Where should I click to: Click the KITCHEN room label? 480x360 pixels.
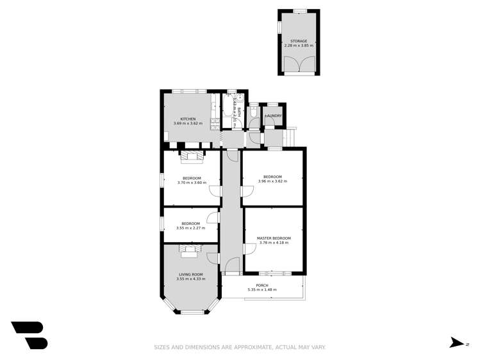[x=188, y=119]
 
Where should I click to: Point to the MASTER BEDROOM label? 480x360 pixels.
[x=274, y=238]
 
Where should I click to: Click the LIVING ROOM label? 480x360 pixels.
[x=190, y=274]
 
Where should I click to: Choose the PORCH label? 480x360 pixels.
[x=262, y=285]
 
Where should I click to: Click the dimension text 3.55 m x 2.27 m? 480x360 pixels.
[x=191, y=227]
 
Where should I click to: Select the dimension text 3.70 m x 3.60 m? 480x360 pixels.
[x=192, y=183]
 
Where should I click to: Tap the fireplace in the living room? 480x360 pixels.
[x=189, y=251]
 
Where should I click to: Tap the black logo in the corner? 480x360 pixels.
[x=29, y=334]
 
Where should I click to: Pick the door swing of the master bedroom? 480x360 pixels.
[x=248, y=250]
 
